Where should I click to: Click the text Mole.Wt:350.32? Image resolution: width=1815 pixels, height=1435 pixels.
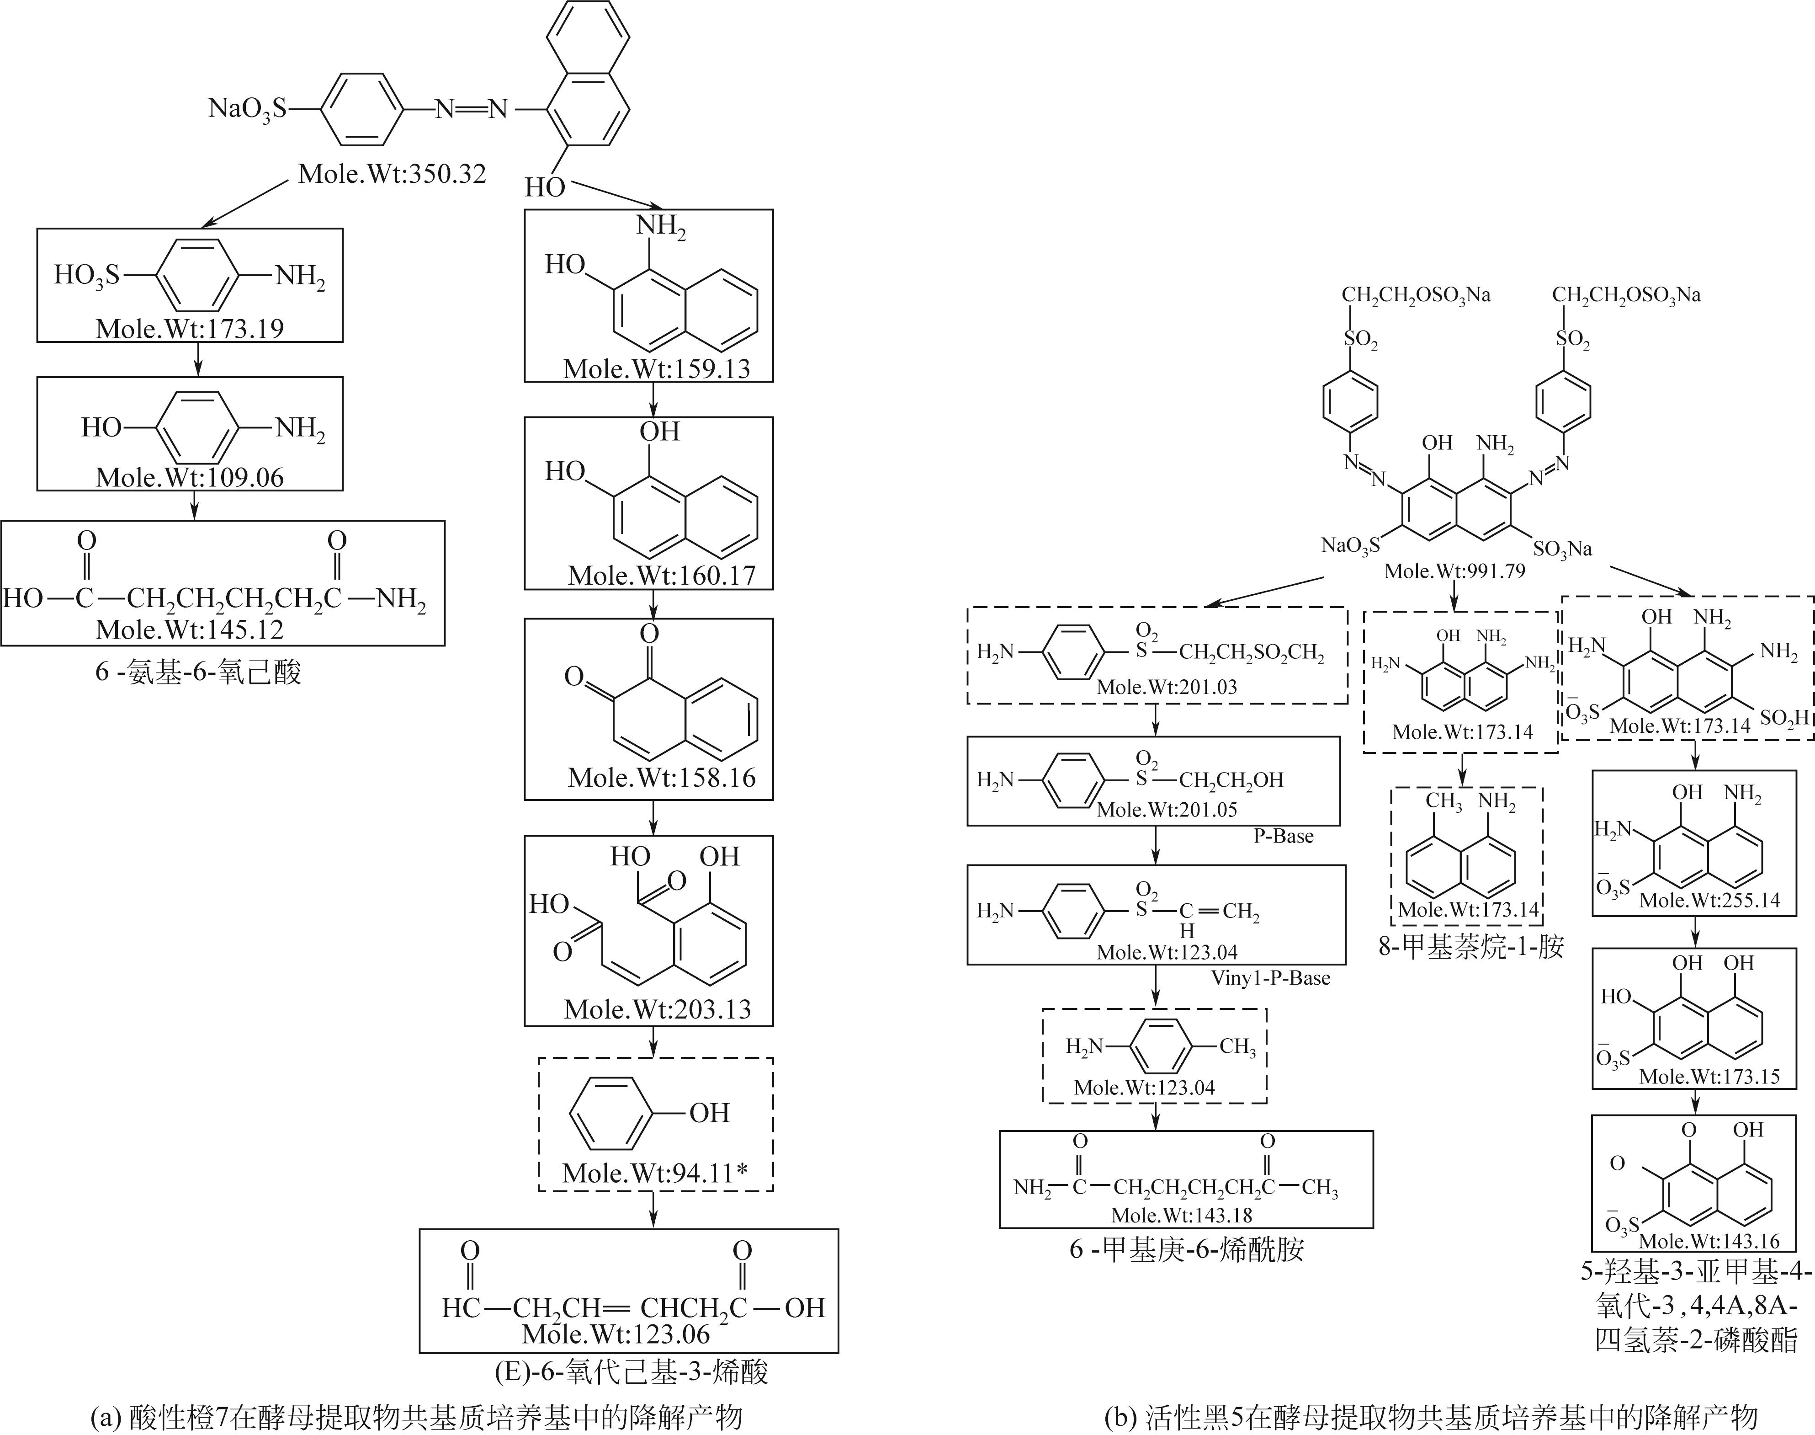pyautogui.click(x=392, y=175)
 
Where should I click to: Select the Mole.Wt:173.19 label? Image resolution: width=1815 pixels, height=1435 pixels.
pyautogui.click(x=190, y=329)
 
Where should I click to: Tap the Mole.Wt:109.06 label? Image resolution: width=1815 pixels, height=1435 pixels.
pyautogui.click(x=190, y=477)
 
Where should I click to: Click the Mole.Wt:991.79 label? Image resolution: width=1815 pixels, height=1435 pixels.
pyautogui.click(x=1454, y=571)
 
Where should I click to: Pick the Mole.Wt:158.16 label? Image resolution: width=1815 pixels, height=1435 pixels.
pyautogui.click(x=662, y=777)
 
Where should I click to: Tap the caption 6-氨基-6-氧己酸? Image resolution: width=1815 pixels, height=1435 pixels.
pyautogui.click(x=198, y=672)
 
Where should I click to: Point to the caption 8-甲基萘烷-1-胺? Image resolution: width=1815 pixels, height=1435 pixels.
pyautogui.click(x=1470, y=947)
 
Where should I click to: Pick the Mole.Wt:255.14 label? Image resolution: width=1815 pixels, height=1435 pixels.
pyautogui.click(x=1709, y=901)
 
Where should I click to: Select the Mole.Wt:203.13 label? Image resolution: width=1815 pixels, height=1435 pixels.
pyautogui.click(x=658, y=1009)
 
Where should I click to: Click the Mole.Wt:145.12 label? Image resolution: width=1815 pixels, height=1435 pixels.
pyautogui.click(x=190, y=629)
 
